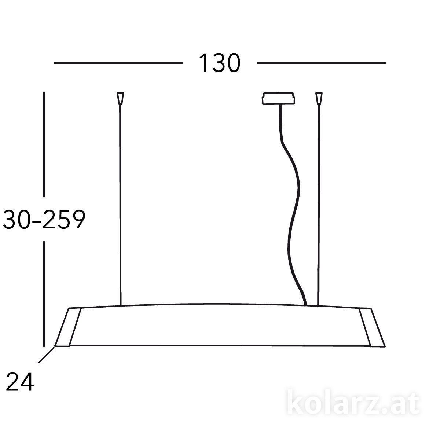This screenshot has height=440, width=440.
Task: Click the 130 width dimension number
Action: (x=220, y=63)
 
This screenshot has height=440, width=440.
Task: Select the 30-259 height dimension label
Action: (x=44, y=219)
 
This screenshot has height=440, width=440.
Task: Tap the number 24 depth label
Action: (x=20, y=382)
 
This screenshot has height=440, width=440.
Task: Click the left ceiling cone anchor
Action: (x=120, y=98)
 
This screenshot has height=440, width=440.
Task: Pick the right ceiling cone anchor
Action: (x=319, y=98)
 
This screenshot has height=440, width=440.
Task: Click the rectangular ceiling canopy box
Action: (x=278, y=99)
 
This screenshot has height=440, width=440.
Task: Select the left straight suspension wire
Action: (x=120, y=205)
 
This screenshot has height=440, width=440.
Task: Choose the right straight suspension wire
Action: (x=319, y=205)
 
